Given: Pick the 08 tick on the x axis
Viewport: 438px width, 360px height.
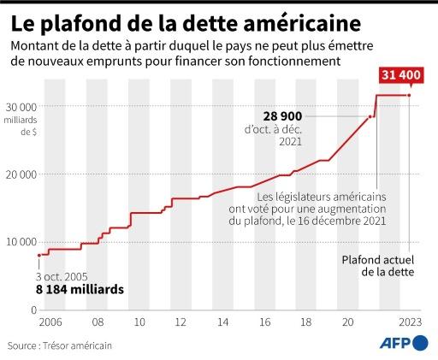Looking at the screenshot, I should click(99, 323).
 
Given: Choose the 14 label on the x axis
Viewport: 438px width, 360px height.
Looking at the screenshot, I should click(222, 323).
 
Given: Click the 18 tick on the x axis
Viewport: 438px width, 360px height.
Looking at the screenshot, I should click(305, 323).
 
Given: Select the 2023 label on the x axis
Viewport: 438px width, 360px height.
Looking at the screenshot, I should click(408, 323).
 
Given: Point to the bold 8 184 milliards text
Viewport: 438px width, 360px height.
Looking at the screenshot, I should click(80, 289).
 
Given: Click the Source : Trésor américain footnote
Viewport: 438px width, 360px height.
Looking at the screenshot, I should click(60, 345).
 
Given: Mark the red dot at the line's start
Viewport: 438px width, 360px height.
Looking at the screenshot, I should click(39, 255).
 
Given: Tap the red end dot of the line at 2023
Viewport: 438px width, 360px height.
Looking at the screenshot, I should click(409, 96).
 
